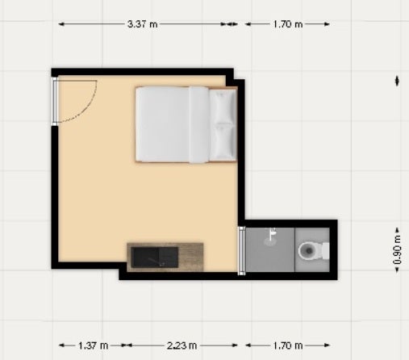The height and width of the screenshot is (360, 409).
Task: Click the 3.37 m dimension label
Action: click(142, 24)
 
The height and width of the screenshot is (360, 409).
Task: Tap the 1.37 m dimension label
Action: click(94, 345)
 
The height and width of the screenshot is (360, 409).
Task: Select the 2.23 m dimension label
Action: click(182, 345)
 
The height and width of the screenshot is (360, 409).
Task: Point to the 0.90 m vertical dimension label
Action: click(397, 250)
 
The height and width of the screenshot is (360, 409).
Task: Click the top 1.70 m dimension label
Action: click(288, 24)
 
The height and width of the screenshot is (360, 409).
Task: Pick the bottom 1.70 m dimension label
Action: click(288, 345)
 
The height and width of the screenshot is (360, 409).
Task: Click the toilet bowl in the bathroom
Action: click(308, 251)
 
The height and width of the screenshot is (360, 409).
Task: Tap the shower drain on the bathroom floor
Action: click(269, 241)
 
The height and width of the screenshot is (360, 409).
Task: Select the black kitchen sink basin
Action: click(155, 257)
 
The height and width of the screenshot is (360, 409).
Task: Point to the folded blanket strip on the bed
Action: click(198, 124)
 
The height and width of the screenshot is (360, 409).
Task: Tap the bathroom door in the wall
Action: click(242, 251)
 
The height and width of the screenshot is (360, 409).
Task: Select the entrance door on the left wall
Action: click(55, 102)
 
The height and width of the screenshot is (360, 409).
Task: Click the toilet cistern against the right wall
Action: click(326, 251)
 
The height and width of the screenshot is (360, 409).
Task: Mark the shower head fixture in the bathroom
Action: click(272, 233)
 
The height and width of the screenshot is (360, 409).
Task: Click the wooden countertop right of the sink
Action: click(190, 257)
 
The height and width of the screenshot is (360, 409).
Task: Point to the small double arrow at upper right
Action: click(397, 81)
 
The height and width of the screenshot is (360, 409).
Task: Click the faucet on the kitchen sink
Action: click(156, 262)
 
